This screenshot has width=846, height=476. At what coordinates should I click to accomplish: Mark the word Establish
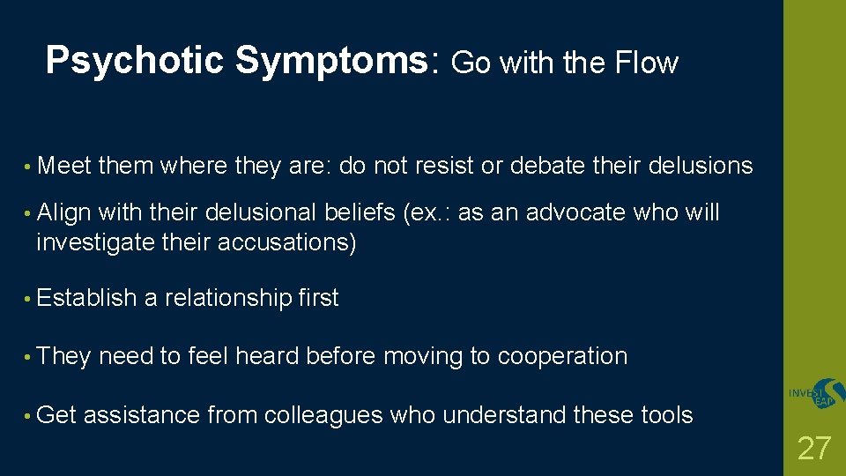(86, 298)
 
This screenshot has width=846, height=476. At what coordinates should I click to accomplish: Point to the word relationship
(227, 299)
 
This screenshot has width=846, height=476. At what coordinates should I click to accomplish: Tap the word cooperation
(562, 356)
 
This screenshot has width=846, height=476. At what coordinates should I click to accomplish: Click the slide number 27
(813, 449)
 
